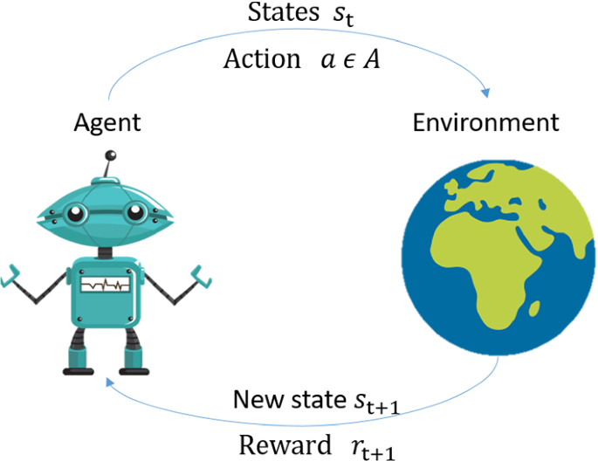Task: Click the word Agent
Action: [x=107, y=123]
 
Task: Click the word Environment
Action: [x=485, y=121]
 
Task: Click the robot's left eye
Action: [x=77, y=213]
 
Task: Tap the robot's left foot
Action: [x=78, y=360]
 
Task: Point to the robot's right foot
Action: [x=134, y=360]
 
